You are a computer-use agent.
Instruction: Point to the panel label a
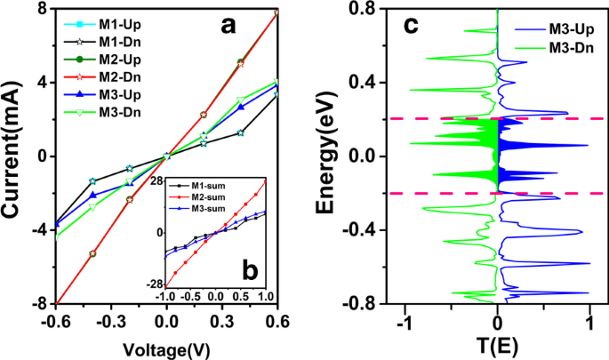tap(228, 26)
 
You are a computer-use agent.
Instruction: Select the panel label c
tap(412, 27)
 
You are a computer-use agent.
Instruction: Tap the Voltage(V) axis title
tap(166, 343)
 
